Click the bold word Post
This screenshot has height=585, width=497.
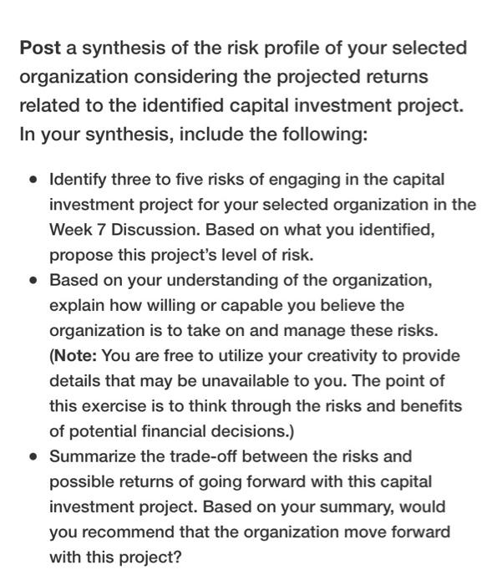click(40, 48)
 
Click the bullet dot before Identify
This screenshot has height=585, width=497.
click(32, 180)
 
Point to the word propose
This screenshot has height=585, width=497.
click(79, 254)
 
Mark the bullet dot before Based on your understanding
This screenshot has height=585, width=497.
click(32, 280)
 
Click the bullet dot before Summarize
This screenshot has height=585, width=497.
click(32, 457)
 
